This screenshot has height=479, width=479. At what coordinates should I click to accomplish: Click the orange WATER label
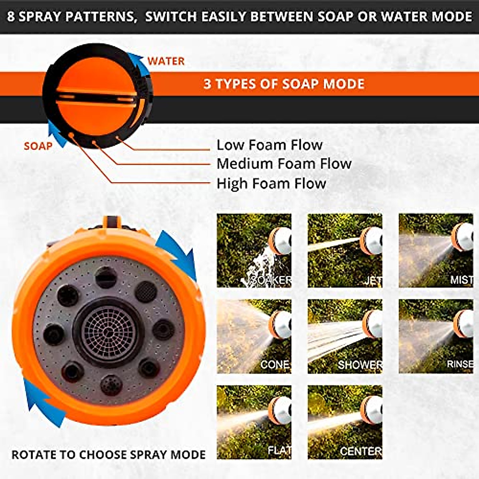click(x=166, y=61)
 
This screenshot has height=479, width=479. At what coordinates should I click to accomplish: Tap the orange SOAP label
click(x=38, y=146)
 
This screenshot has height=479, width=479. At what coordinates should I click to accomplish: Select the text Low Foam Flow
click(x=269, y=145)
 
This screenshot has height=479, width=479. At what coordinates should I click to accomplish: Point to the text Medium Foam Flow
click(x=284, y=164)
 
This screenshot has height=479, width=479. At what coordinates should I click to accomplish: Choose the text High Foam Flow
click(x=271, y=184)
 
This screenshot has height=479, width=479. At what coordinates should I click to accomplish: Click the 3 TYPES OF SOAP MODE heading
click(x=284, y=84)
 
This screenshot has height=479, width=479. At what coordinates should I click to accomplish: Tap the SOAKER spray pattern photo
click(x=254, y=250)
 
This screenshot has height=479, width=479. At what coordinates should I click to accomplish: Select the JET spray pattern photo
click(x=345, y=250)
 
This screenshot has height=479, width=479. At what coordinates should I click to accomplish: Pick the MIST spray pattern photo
click(x=436, y=250)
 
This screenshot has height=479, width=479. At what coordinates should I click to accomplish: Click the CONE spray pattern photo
click(x=254, y=336)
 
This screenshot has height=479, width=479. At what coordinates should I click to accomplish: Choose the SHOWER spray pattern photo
click(x=345, y=336)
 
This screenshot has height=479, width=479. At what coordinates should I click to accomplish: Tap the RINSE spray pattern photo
click(x=436, y=336)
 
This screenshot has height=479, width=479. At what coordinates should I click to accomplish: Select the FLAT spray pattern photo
click(x=254, y=422)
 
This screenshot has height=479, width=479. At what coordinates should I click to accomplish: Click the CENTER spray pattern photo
click(x=345, y=422)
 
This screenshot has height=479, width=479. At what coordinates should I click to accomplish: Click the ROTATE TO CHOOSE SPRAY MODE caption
click(x=109, y=455)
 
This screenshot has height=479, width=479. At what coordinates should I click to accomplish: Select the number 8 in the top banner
click(x=11, y=17)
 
